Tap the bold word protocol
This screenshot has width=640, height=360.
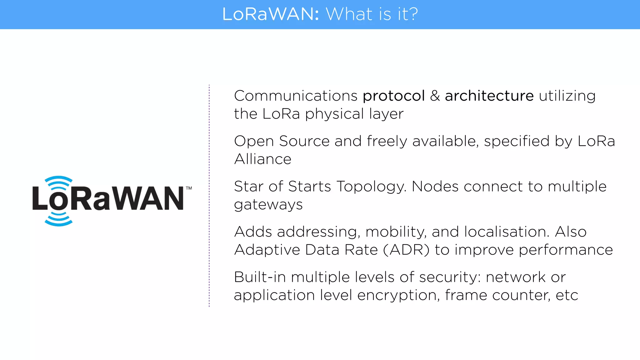394,96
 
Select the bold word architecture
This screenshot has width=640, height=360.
489,96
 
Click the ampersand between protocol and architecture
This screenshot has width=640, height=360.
435,96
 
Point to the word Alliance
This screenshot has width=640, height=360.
262,159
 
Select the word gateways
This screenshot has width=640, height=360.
268,205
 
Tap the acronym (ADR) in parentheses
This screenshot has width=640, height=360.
406,250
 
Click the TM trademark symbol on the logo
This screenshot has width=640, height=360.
189,188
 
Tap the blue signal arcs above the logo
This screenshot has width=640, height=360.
59,183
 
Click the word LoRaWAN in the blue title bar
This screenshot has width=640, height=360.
270,14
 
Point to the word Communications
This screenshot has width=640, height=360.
296,96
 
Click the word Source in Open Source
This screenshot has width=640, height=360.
304,141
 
